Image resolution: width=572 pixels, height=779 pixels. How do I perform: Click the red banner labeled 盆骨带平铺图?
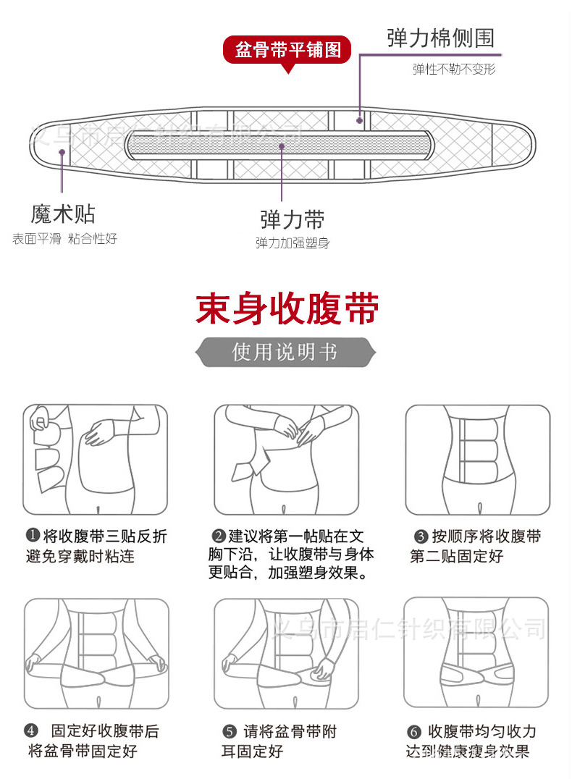[287, 51]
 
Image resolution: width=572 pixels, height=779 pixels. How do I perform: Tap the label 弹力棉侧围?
[440, 38]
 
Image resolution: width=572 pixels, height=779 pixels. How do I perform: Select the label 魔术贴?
[63, 214]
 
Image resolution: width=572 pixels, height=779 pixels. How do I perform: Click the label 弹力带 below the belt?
[293, 219]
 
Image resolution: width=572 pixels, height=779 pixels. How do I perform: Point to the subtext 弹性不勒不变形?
[454, 70]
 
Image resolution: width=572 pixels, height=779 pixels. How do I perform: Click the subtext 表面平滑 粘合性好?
[64, 238]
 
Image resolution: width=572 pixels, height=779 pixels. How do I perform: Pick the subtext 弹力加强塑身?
[293, 243]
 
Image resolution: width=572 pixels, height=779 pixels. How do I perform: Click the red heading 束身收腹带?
[287, 309]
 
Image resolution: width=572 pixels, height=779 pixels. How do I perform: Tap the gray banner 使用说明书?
[285, 352]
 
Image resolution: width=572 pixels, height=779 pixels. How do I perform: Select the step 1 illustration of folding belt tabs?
[95, 459]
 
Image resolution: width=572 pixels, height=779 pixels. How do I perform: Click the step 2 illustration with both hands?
[285, 459]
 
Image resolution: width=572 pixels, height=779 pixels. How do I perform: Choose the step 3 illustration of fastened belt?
[476, 459]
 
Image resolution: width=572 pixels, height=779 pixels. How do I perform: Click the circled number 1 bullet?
[32, 536]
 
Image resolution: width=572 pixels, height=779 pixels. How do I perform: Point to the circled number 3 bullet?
[421, 536]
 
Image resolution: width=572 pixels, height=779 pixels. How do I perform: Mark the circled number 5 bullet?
[230, 732]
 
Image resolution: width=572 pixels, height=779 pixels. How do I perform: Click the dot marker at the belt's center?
[282, 145]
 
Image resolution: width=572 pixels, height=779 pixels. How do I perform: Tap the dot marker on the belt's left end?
[63, 153]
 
